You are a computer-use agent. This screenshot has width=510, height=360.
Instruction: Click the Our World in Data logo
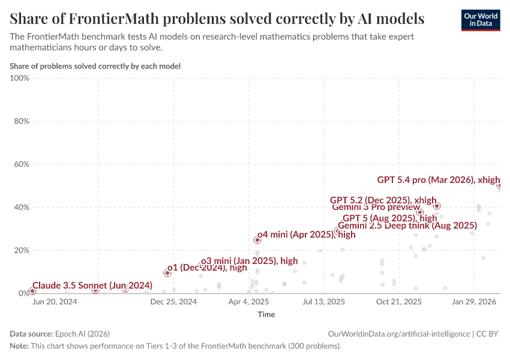[480, 20]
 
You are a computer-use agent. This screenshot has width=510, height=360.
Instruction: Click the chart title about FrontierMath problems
[217, 19]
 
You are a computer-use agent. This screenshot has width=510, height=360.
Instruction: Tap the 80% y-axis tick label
[22, 121]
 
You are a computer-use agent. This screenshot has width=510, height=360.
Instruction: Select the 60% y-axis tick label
[22, 164]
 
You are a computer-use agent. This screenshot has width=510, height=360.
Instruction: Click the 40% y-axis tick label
[22, 208]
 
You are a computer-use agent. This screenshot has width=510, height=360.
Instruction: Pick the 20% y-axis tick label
[22, 251]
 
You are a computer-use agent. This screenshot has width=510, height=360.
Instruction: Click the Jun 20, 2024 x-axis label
[54, 302]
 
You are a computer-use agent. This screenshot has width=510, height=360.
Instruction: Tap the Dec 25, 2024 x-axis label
[173, 302]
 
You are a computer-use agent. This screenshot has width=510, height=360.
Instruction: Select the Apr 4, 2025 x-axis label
[248, 302]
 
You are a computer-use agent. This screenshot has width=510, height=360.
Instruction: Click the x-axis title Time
[266, 314]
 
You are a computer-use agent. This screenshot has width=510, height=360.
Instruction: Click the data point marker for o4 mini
[257, 240]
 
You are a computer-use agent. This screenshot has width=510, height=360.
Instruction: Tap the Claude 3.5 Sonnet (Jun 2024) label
[92, 285]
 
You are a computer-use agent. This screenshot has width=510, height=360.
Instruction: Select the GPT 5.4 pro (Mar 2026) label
[439, 179]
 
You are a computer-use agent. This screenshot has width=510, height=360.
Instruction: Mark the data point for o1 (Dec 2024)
[167, 273]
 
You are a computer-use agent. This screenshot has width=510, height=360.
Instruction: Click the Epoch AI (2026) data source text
[82, 334]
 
